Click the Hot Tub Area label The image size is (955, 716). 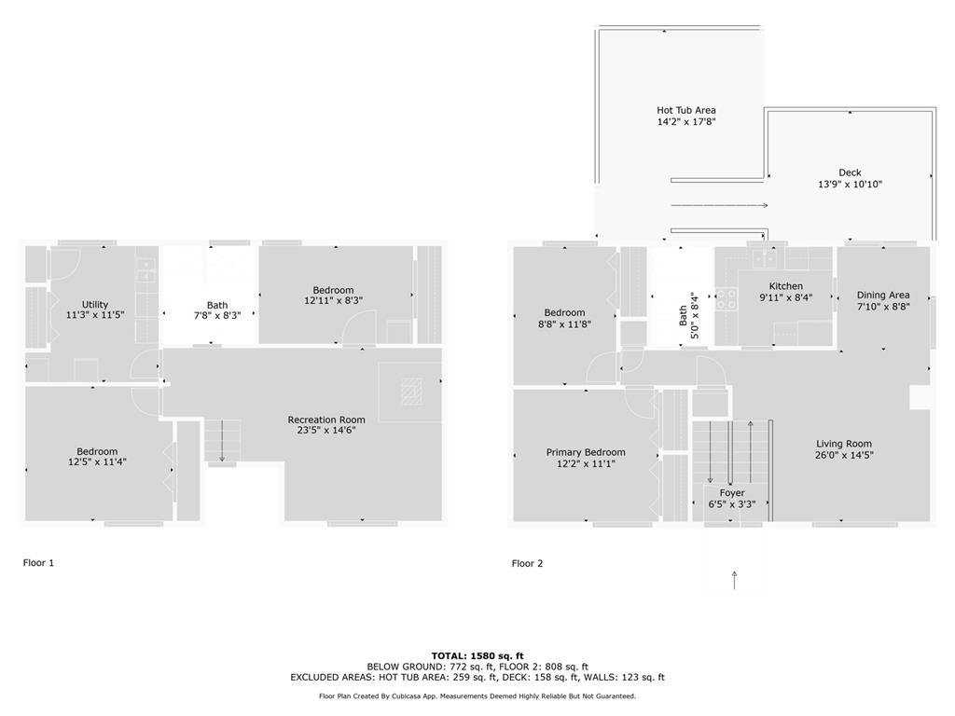[685, 110]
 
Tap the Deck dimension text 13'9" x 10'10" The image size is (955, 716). [850, 185]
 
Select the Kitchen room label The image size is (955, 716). [785, 286]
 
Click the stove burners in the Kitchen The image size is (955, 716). [727, 299]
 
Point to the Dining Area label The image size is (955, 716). [883, 296]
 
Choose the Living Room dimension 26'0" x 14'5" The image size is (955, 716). [844, 456]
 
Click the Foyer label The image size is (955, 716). [732, 493]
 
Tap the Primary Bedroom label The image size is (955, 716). [586, 452]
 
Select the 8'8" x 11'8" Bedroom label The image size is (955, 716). [564, 313]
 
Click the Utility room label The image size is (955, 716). [95, 304]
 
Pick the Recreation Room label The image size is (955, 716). [326, 420]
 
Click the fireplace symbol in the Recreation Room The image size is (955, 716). [411, 392]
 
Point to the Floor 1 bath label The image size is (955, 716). [217, 305]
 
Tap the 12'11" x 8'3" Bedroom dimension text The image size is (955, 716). [333, 301]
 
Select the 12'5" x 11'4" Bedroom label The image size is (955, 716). [97, 451]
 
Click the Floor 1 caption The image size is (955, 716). [39, 563]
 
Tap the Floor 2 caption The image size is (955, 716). [527, 563]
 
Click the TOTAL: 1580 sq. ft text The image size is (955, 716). [477, 655]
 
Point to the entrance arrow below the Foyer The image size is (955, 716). [735, 580]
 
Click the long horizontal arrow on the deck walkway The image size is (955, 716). [718, 205]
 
